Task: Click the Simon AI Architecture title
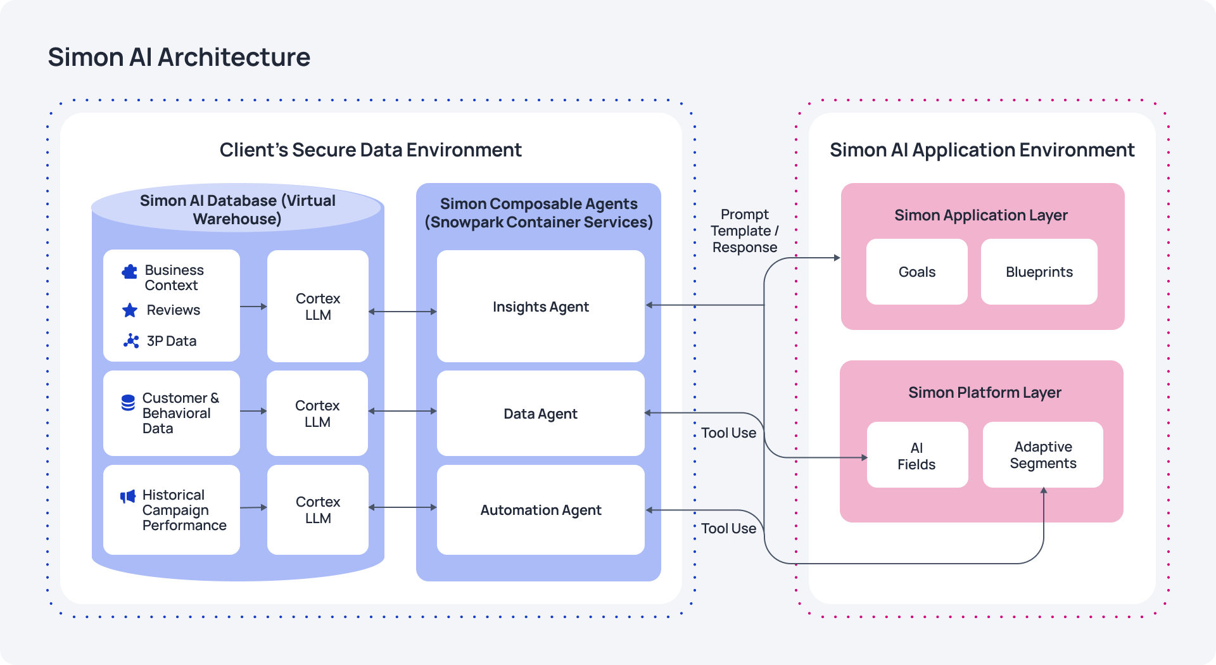(x=179, y=57)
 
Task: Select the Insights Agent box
(x=540, y=307)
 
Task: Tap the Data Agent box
(x=540, y=414)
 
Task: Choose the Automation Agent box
(x=540, y=510)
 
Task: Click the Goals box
(x=916, y=272)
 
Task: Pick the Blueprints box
(x=1039, y=272)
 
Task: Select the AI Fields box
(x=916, y=455)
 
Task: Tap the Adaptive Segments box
(x=1042, y=455)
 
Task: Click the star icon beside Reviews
(x=130, y=310)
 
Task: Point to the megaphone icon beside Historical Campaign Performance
(x=128, y=496)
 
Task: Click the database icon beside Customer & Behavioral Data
(x=128, y=403)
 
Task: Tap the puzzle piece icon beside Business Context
(x=130, y=272)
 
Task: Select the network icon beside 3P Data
(x=131, y=341)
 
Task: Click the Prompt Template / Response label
(x=744, y=231)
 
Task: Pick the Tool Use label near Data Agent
(x=728, y=433)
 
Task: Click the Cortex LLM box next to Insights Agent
(x=318, y=307)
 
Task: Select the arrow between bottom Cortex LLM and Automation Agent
(x=402, y=507)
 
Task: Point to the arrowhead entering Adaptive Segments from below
(x=1043, y=491)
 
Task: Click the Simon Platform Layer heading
(x=984, y=393)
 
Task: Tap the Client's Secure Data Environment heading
(x=370, y=150)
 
